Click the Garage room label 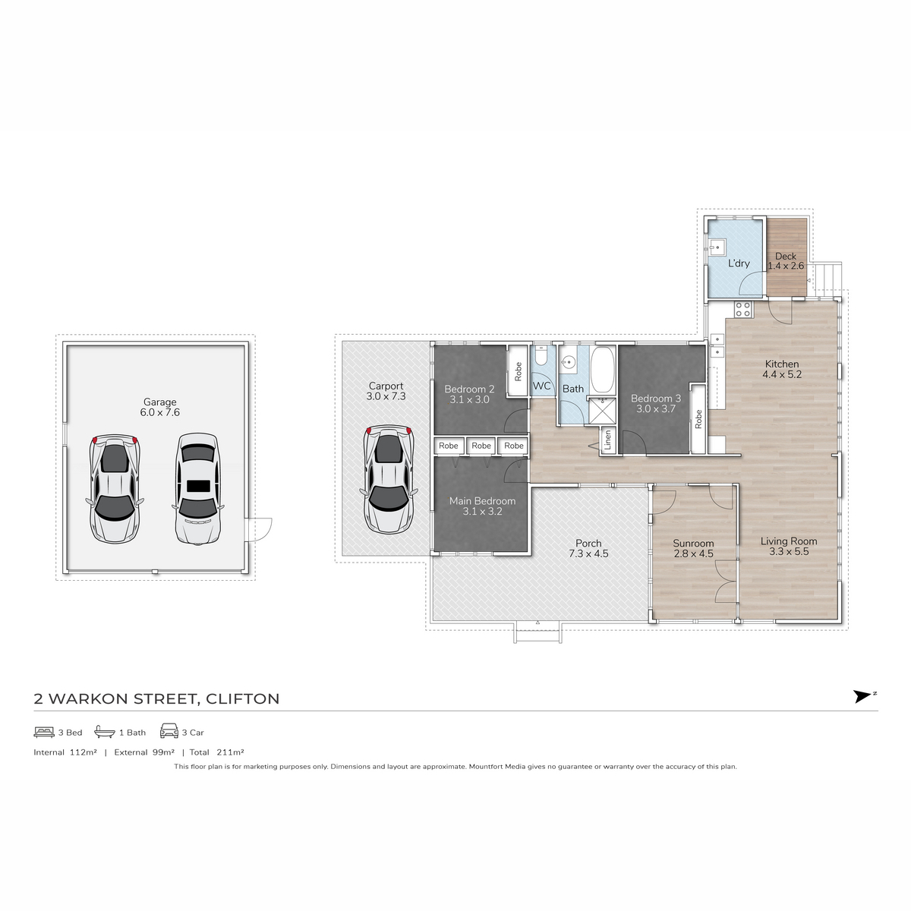[159, 402]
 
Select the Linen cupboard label [607, 440]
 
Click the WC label [541, 386]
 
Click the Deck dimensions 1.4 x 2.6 [786, 266]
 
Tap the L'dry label [739, 263]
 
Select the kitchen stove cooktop [742, 309]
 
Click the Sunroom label [693, 544]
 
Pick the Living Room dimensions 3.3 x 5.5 [790, 552]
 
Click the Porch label [588, 544]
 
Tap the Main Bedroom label [482, 501]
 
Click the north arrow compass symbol [862, 696]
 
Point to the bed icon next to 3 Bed [43, 733]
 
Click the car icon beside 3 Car [169, 732]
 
